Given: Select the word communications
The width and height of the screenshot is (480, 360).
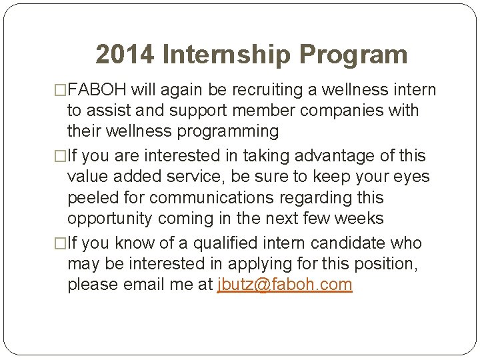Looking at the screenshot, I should coord(212,198).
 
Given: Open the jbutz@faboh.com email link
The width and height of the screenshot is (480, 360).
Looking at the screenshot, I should coord(285,285).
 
